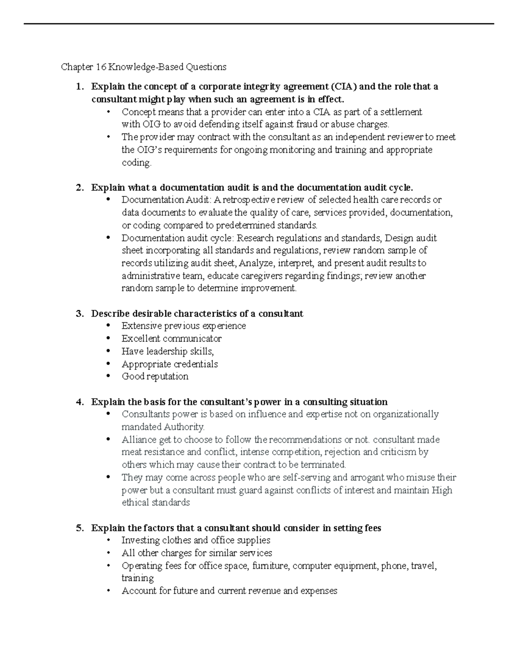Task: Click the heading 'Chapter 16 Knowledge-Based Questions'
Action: click(x=143, y=67)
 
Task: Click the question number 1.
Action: click(x=79, y=87)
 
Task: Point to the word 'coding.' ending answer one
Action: click(x=136, y=163)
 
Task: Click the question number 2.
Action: click(x=79, y=188)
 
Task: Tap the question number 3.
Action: click(x=79, y=314)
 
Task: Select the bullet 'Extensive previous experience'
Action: click(x=183, y=326)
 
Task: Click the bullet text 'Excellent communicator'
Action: click(x=171, y=339)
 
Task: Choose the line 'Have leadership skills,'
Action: click(x=167, y=351)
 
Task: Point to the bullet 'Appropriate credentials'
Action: click(x=169, y=364)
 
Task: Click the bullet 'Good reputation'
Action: click(x=155, y=376)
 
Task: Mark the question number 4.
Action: click(x=79, y=402)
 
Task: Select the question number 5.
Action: click(x=79, y=528)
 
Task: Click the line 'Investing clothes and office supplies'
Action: click(x=196, y=540)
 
